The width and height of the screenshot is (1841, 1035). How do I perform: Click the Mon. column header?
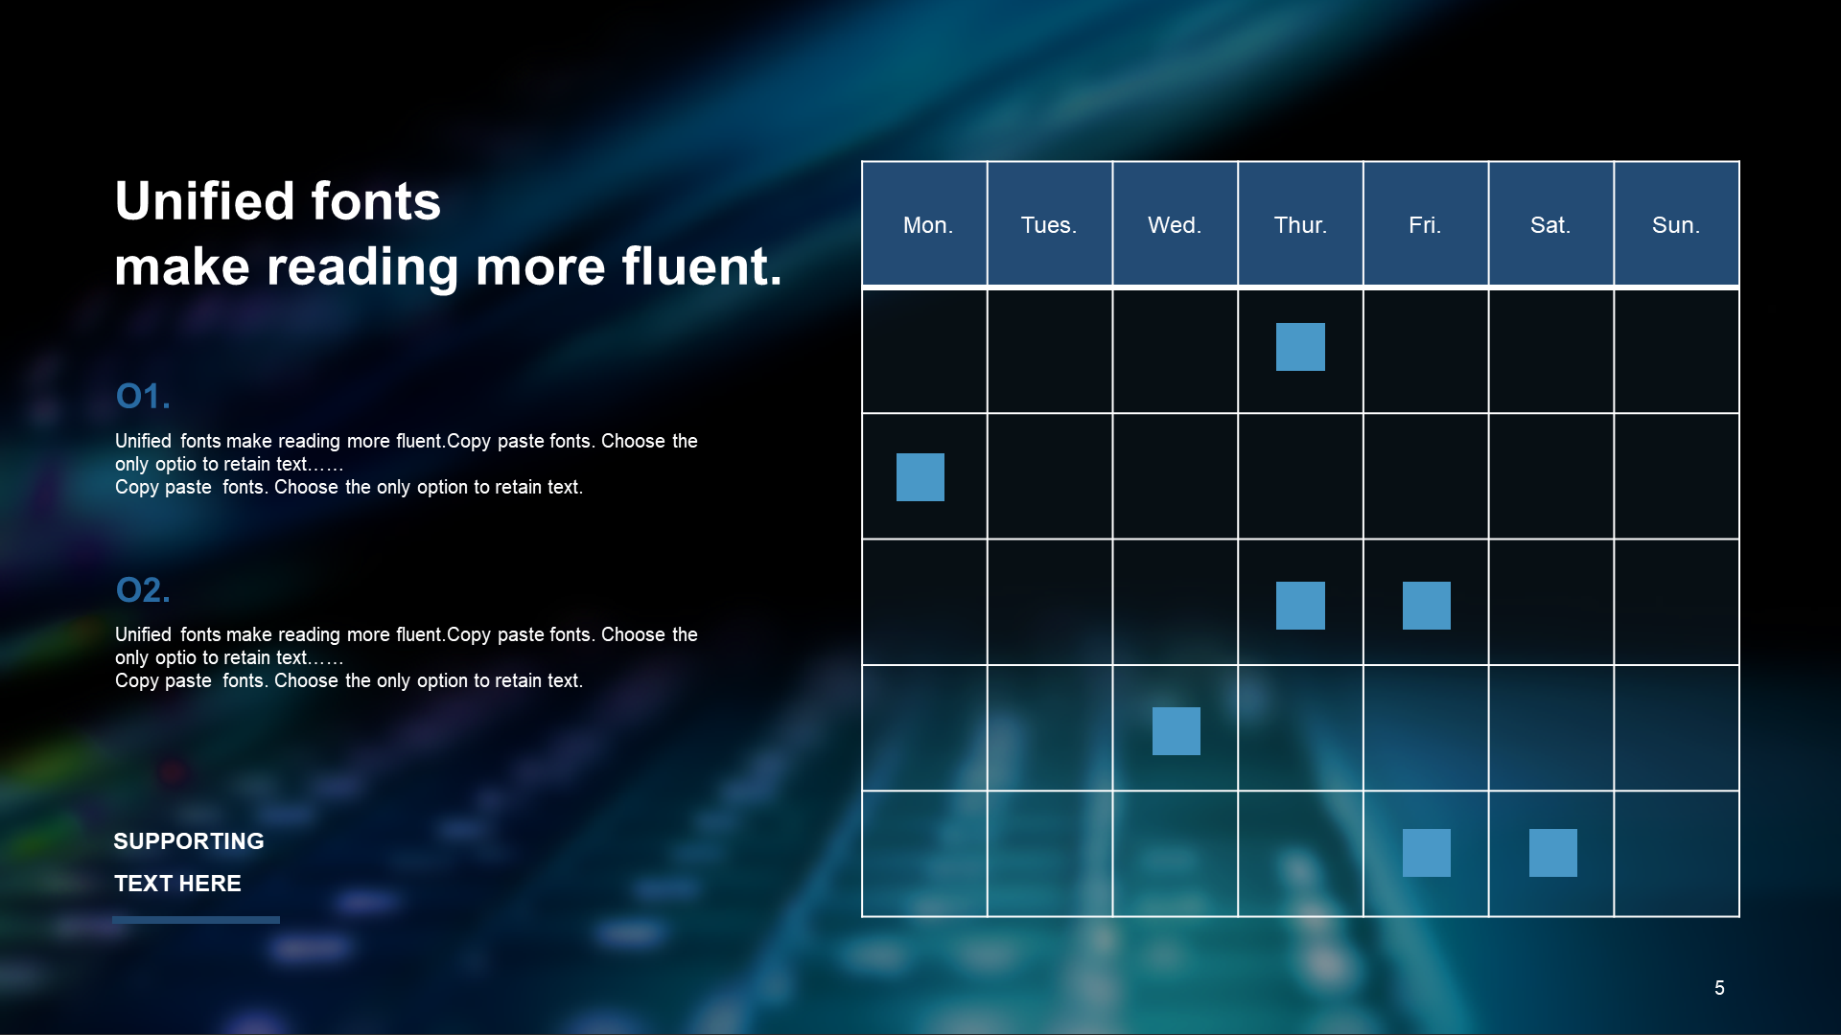[927, 225]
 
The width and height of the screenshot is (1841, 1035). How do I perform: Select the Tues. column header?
[1049, 225]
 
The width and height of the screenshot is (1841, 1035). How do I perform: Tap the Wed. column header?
[1175, 225]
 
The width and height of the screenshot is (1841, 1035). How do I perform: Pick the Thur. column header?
[1300, 225]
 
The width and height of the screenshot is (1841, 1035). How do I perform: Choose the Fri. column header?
[1425, 225]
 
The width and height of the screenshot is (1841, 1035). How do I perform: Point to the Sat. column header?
[1550, 225]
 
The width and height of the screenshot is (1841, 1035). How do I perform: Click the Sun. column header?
[1676, 225]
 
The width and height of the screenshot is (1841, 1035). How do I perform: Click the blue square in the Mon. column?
[920, 477]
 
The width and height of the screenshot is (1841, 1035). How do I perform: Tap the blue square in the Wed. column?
[1177, 731]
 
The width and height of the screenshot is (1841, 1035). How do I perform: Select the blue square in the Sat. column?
[1553, 853]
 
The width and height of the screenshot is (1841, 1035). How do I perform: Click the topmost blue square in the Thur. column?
[1300, 347]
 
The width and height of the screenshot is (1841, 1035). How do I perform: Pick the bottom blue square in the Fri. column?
[1427, 853]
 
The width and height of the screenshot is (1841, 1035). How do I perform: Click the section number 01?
[143, 396]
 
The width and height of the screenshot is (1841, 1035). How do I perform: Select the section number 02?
[143, 589]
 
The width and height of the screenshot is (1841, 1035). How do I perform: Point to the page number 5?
[1719, 988]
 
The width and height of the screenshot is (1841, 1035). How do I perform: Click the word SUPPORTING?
[189, 841]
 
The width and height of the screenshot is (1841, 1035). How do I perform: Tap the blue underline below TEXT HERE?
[196, 920]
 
